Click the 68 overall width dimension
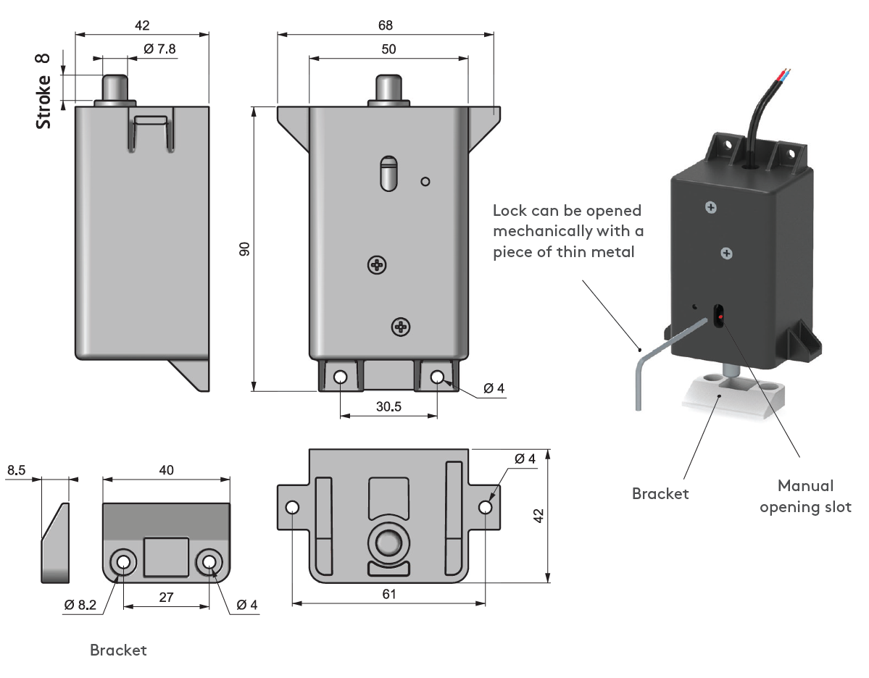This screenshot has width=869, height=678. (x=386, y=25)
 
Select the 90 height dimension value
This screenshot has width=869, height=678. (x=245, y=249)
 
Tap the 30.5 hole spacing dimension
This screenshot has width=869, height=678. (x=388, y=407)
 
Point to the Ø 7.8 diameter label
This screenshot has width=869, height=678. (x=159, y=49)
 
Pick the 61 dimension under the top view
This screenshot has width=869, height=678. (x=389, y=594)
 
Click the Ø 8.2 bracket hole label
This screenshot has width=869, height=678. (x=80, y=605)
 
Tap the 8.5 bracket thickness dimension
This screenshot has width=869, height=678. (x=17, y=471)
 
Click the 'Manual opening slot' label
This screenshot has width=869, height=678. (x=805, y=495)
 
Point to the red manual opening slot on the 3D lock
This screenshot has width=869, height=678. (x=720, y=317)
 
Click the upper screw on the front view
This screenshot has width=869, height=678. (x=377, y=266)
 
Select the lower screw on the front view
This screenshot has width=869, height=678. (x=401, y=327)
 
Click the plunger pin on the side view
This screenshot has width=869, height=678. (x=115, y=88)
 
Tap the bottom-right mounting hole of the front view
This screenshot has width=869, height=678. (x=438, y=377)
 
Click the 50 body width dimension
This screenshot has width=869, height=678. (x=388, y=49)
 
